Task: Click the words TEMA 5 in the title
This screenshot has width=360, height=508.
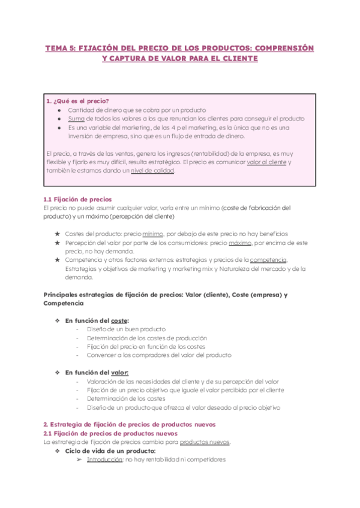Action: coord(58,47)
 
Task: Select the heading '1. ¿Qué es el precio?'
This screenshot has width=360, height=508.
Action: coord(80,101)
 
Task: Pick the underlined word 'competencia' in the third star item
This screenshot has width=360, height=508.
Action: coord(268,260)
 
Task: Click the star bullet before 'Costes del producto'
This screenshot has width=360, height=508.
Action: coord(57,234)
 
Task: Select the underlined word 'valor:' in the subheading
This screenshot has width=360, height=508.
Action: coord(120,372)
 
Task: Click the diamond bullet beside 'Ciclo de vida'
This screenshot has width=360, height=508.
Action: coord(57,450)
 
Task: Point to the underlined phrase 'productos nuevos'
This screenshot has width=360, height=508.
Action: coord(204,442)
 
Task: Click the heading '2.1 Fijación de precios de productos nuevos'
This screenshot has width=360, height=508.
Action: coord(110,433)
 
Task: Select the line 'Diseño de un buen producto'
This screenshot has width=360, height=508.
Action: coord(126,329)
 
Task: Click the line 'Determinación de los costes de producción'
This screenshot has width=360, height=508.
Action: coord(147,338)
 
